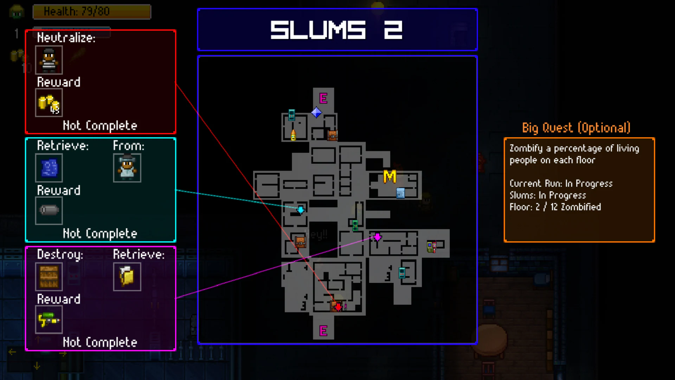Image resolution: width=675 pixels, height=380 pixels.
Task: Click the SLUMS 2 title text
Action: click(x=336, y=30)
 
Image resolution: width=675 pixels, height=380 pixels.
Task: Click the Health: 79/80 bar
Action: click(x=92, y=12)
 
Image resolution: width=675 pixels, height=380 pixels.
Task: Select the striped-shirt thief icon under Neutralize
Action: click(x=49, y=60)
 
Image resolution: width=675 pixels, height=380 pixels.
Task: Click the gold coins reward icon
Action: click(x=49, y=103)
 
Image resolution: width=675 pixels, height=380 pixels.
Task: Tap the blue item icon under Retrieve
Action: click(x=49, y=168)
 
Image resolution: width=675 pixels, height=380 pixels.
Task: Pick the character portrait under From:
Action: click(x=127, y=168)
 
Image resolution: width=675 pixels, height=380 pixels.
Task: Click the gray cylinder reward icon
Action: click(x=49, y=210)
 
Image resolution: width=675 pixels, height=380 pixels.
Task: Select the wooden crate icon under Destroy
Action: click(x=49, y=277)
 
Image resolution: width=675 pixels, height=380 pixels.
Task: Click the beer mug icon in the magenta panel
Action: click(x=127, y=277)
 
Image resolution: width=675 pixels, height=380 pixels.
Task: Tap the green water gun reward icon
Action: click(x=49, y=319)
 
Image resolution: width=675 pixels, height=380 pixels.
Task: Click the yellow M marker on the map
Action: click(x=390, y=177)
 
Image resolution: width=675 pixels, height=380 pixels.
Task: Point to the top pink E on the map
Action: click(x=323, y=98)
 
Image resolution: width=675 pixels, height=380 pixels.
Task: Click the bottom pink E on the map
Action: click(x=323, y=331)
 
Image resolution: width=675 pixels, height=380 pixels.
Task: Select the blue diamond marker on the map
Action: click(x=316, y=113)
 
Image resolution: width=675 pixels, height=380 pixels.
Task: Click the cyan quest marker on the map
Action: click(x=301, y=210)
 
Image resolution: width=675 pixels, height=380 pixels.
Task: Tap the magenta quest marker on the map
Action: click(x=377, y=237)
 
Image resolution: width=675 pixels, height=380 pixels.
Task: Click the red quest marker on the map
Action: click(x=338, y=307)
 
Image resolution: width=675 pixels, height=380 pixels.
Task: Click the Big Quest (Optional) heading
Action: click(x=576, y=128)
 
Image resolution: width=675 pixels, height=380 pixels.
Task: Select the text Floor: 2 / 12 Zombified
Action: click(x=555, y=207)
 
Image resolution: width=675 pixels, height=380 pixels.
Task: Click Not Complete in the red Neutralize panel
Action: click(x=100, y=126)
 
